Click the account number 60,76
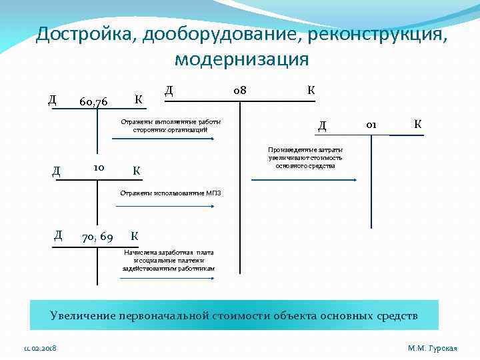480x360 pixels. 93,102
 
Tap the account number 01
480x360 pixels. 372,124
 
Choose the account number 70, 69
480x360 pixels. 97,236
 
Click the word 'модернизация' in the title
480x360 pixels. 241,59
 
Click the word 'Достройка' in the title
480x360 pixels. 83,33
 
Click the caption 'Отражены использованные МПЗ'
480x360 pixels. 170,193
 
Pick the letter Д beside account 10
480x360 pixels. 56,171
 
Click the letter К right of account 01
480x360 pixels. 417,124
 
